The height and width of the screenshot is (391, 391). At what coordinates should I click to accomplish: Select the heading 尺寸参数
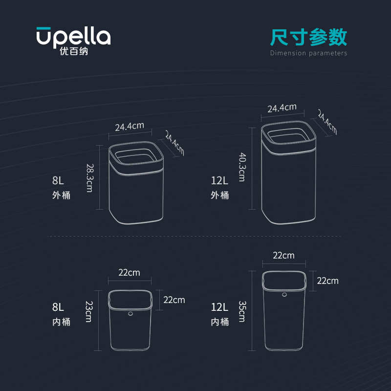coord(308,37)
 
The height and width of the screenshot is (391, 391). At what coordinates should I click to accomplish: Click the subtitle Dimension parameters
coord(308,53)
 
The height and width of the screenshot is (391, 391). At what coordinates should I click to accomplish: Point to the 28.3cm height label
coord(89,177)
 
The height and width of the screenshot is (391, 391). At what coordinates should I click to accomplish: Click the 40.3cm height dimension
coord(241,167)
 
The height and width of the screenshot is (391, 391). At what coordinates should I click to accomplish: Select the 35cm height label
coord(241,310)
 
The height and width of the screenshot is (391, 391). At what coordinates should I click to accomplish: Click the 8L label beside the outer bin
coord(58,181)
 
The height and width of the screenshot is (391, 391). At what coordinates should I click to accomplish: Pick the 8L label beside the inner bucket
coord(58,307)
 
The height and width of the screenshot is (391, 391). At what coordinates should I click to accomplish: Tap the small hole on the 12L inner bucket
coord(284,295)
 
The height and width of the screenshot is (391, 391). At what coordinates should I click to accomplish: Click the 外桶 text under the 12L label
coord(219,195)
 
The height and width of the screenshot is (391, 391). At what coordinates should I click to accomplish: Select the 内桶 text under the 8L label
coord(61,323)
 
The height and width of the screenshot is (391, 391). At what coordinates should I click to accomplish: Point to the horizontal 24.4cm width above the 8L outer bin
coord(130,127)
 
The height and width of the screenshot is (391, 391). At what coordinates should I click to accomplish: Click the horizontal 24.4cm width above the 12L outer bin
coord(282,108)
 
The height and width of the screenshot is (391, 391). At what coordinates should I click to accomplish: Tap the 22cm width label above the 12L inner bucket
coord(283,255)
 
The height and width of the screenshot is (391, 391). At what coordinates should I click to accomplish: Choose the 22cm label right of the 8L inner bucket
coord(174,300)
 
